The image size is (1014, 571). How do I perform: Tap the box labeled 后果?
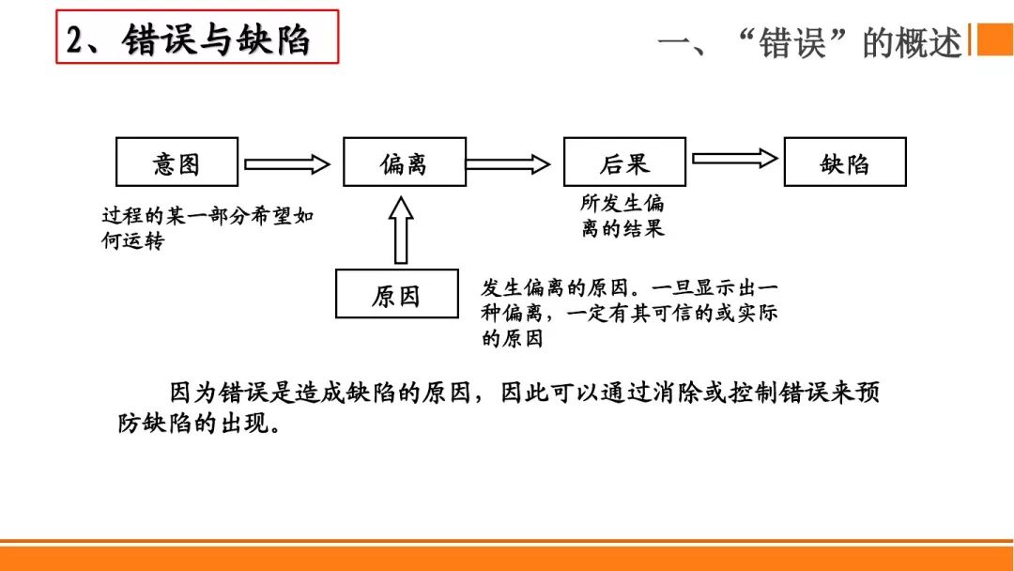624,162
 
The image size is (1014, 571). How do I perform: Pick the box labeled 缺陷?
845,162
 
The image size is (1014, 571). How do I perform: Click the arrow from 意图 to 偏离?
287,164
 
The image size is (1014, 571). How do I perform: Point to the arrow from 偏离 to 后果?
508,164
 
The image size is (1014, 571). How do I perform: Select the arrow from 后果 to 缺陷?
734,159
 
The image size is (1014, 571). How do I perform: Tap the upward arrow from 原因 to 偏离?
401,230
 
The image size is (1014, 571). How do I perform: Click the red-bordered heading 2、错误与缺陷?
196,38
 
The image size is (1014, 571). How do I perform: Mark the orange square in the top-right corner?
994,39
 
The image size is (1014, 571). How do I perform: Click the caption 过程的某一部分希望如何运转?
207,228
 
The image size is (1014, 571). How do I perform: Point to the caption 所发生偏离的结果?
622,215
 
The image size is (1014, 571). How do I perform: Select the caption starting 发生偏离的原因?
629,313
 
